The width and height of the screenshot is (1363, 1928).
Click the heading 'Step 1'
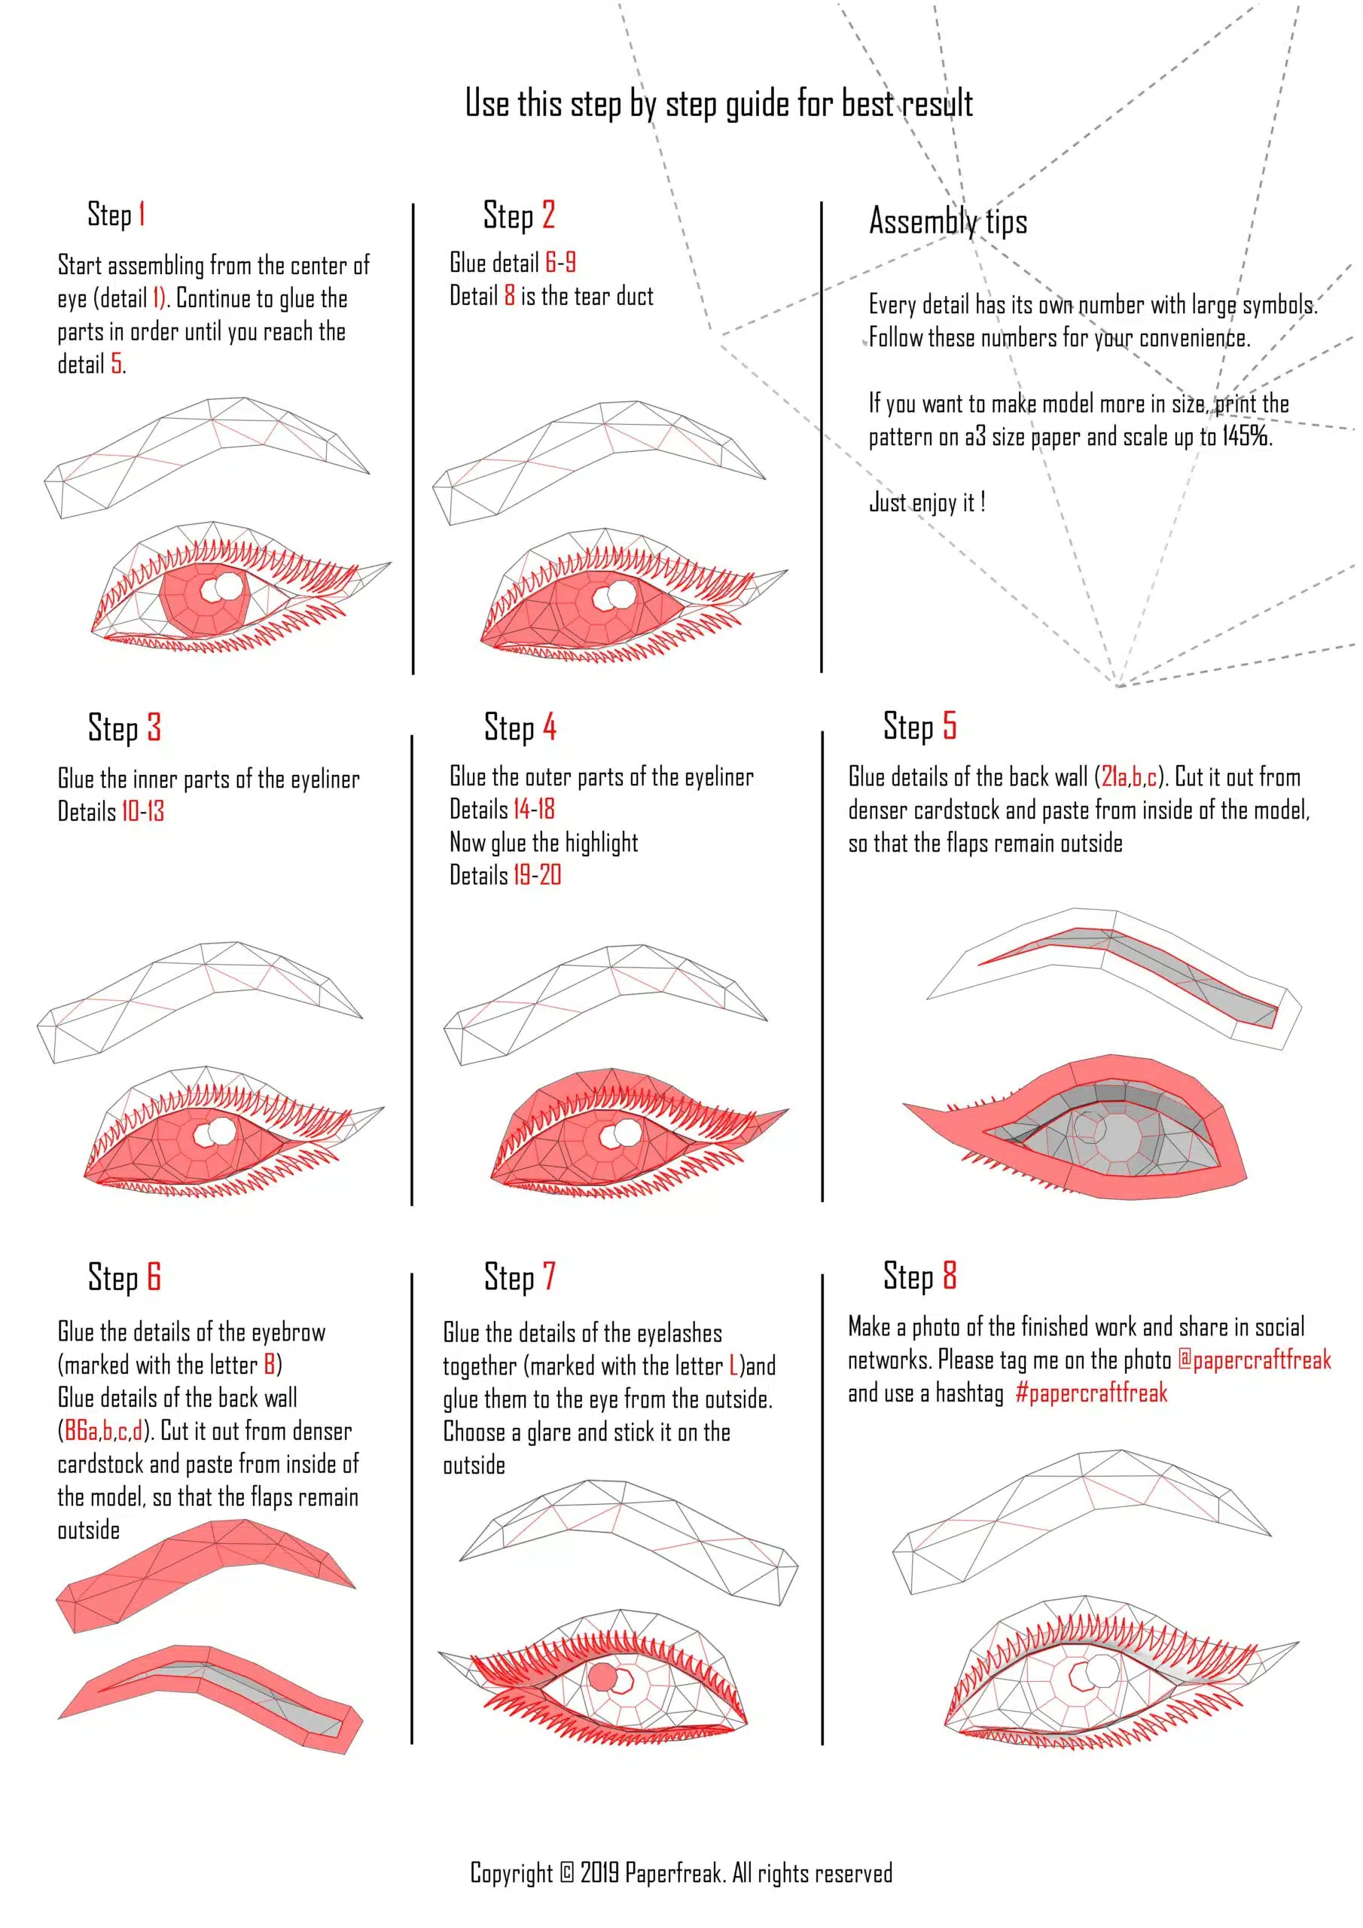click(117, 214)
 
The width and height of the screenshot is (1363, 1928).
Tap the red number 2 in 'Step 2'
click(548, 215)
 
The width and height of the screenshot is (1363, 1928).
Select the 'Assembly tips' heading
click(948, 221)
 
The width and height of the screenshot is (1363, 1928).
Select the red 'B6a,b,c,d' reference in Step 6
click(103, 1431)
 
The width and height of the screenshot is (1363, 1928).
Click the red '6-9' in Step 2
click(560, 263)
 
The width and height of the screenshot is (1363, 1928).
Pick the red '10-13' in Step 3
click(143, 811)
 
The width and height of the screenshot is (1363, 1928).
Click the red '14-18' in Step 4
click(534, 810)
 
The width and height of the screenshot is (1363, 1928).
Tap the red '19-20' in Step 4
click(538, 875)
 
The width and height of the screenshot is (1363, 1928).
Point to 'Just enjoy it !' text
click(927, 502)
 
